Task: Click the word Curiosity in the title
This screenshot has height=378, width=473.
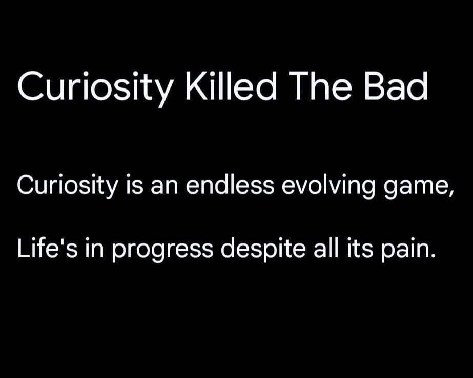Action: (x=95, y=87)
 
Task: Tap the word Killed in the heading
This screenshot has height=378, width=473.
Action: (x=231, y=85)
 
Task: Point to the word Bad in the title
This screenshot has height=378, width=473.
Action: (x=396, y=86)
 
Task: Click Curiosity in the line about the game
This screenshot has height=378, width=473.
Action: (x=68, y=185)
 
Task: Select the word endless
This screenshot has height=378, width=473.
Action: (x=230, y=184)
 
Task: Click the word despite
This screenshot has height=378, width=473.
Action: (x=263, y=250)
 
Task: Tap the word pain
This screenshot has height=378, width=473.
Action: (x=405, y=250)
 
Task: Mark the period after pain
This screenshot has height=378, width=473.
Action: (x=433, y=256)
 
